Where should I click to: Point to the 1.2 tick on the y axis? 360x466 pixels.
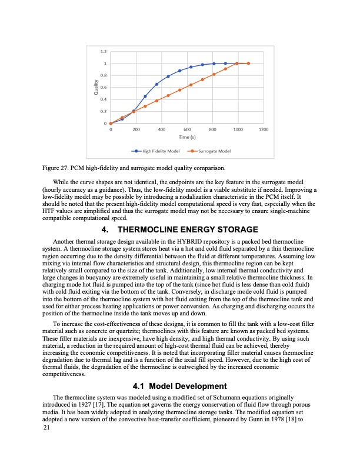tap(104, 52)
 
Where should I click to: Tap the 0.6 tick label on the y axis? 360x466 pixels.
tap(104, 88)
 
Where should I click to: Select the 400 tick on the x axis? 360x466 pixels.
tap(162, 128)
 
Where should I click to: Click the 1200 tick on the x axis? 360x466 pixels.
tap(264, 128)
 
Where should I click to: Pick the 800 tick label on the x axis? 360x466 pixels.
tap(213, 128)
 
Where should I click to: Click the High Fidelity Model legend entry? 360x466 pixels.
tap(158, 151)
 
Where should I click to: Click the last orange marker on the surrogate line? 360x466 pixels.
tap(248, 64)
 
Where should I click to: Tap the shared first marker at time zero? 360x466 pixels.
tap(111, 124)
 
